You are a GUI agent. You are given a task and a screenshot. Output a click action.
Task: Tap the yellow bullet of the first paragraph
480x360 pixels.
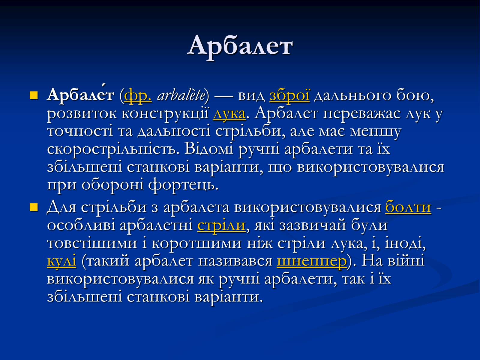[34, 95]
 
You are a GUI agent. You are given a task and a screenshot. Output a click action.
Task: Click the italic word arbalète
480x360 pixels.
[181, 95]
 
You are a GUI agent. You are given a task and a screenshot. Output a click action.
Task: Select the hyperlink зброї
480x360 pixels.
[289, 95]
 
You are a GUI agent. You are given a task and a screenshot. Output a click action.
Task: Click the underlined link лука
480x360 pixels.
[229, 114]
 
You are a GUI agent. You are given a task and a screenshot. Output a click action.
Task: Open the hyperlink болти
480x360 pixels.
[408, 207]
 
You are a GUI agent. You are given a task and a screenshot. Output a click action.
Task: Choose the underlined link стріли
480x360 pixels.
[221, 225]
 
